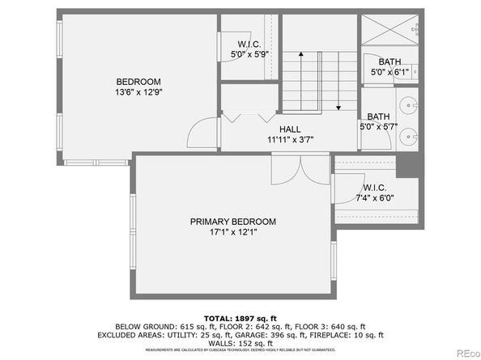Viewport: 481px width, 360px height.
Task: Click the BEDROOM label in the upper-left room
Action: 138,82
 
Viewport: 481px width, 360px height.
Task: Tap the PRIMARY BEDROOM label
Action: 232,222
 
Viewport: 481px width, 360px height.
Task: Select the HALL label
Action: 290,129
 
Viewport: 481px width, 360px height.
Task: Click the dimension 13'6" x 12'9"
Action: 138,93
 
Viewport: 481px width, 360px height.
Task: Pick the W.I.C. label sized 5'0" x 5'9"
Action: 249,44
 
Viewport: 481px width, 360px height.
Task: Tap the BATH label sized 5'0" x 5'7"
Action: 378,116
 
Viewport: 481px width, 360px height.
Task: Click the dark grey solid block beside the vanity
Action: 407,166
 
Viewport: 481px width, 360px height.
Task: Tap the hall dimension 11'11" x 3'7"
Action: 290,139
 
